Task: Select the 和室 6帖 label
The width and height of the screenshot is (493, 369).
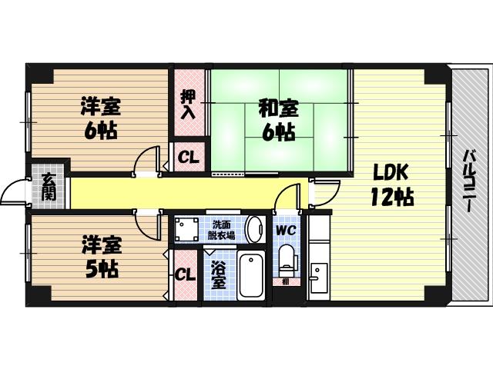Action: tap(278, 121)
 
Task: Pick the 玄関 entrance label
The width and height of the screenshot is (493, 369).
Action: tap(49, 188)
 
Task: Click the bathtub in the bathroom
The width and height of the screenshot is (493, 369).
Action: tap(250, 274)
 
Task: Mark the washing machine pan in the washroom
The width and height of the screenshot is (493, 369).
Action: tap(186, 230)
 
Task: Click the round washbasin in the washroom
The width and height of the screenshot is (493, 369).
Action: tap(255, 229)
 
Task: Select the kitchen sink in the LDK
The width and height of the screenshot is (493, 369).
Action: tap(318, 275)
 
